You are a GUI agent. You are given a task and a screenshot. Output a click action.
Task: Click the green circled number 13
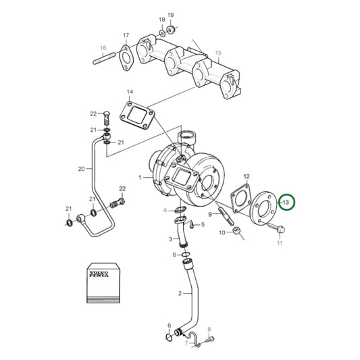[286, 203]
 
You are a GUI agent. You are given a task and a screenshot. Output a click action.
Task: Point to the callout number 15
[217, 52]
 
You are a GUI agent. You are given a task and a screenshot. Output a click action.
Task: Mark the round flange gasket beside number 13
[263, 206]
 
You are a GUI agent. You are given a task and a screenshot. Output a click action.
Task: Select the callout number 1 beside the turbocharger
[140, 178]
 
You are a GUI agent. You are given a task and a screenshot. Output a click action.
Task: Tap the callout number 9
[211, 215]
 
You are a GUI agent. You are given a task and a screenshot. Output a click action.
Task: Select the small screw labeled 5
[192, 224]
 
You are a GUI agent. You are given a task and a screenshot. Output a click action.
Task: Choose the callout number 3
[170, 239]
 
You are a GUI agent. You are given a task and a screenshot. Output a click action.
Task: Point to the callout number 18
[161, 20]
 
